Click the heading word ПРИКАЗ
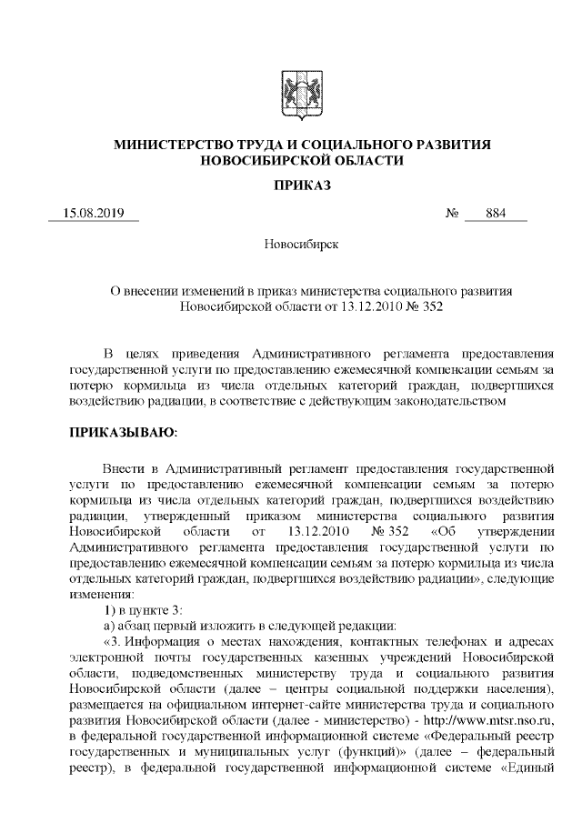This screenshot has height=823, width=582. pyautogui.click(x=290, y=186)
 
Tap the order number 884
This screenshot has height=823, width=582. pyautogui.click(x=495, y=215)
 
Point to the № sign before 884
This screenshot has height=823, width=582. pyautogui.click(x=452, y=215)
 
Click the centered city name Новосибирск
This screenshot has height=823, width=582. pyautogui.click(x=290, y=245)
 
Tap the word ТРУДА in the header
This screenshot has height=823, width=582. pyautogui.click(x=269, y=145)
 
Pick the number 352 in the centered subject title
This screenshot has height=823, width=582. pyautogui.click(x=427, y=306)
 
